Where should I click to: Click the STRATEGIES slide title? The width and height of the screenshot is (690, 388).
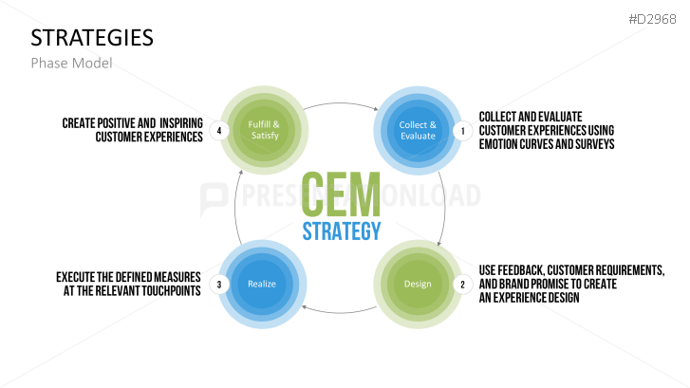(x=92, y=37)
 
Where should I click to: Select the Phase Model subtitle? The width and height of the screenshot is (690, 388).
(x=71, y=63)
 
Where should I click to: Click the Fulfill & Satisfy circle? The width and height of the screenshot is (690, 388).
(x=263, y=130)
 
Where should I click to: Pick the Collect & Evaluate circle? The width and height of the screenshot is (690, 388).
(x=418, y=130)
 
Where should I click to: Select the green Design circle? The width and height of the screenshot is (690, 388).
(x=418, y=284)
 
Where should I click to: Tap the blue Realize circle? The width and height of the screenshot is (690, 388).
(x=263, y=284)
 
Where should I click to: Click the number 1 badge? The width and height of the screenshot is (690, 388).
(x=463, y=131)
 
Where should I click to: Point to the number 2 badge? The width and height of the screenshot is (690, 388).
(x=463, y=284)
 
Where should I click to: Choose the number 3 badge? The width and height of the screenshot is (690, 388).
(x=219, y=284)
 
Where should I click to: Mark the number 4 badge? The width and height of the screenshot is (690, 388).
(x=219, y=131)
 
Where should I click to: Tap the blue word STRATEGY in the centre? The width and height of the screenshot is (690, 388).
(x=342, y=231)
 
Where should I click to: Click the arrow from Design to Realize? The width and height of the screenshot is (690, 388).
(x=340, y=311)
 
